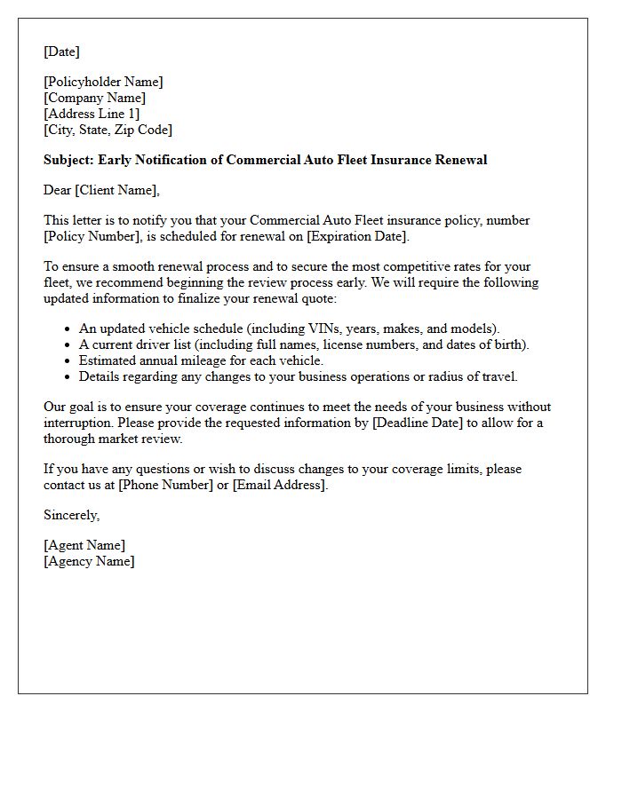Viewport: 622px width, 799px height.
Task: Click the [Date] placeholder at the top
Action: pyautogui.click(x=61, y=51)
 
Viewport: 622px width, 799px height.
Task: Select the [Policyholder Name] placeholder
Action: pyautogui.click(x=103, y=82)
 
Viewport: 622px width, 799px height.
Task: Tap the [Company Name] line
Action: pyautogui.click(x=94, y=98)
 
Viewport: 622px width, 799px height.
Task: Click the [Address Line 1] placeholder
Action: pyautogui.click(x=92, y=114)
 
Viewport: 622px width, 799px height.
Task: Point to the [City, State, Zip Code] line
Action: pyautogui.click(x=108, y=130)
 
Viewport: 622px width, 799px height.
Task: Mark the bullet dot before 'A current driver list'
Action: pyautogui.click(x=68, y=345)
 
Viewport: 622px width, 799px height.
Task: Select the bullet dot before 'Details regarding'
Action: pyautogui.click(x=68, y=377)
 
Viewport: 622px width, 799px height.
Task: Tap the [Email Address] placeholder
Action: pyautogui.click(x=280, y=485)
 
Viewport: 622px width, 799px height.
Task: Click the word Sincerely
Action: pyautogui.click(x=71, y=515)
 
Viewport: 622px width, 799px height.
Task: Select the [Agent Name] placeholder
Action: pyautogui.click(x=84, y=545)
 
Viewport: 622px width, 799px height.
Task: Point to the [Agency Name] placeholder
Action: pyautogui.click(x=89, y=561)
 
